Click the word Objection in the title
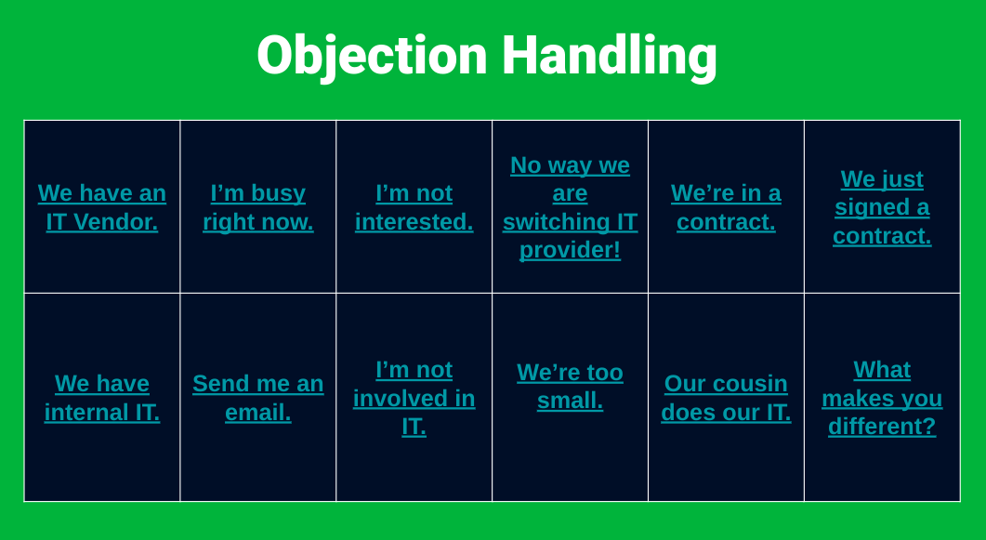point(372,57)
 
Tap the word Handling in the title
point(610,57)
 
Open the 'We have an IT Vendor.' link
point(102,207)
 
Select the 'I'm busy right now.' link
point(257,207)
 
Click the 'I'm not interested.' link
point(414,207)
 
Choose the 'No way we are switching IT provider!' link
point(570,207)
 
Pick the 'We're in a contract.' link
point(726,207)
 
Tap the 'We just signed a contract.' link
point(882,207)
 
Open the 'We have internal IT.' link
point(102,397)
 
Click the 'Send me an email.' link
point(257,397)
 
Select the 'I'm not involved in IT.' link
point(414,397)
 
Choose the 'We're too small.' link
point(570,386)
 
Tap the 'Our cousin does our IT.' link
point(726,397)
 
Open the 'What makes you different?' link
point(882,397)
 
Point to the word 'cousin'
point(748,384)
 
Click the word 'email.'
point(257,412)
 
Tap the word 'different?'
point(882,427)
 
